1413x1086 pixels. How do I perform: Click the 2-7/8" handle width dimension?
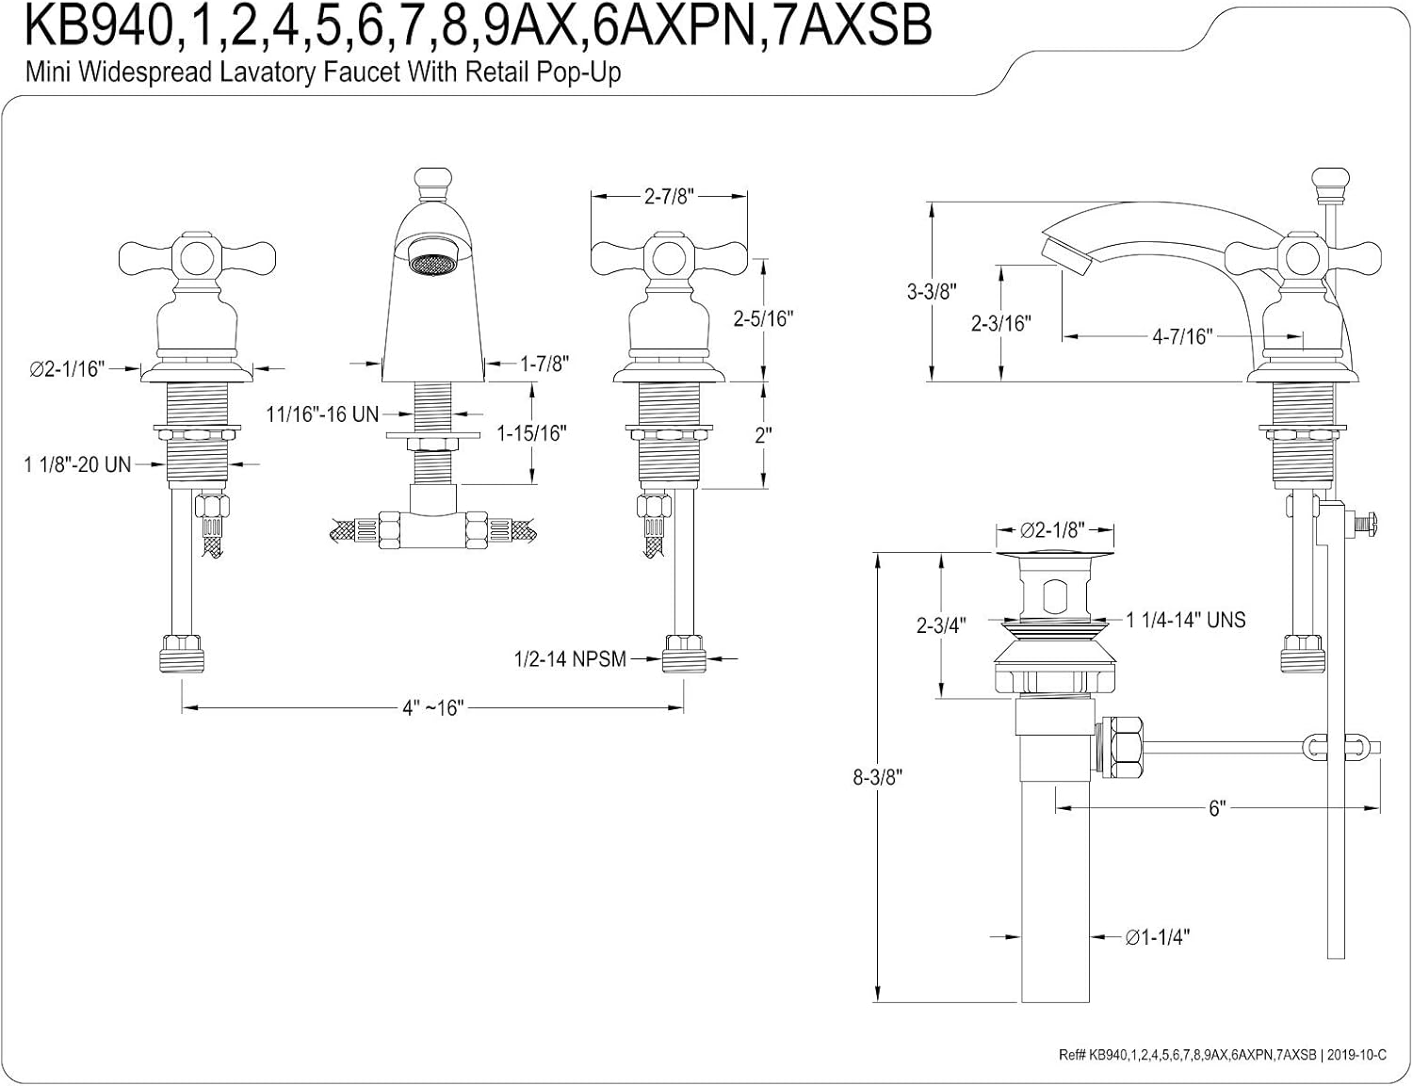669,196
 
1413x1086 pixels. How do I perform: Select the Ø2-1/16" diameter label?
65,369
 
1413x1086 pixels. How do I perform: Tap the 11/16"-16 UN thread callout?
322,413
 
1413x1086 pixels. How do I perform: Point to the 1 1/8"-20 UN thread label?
77,464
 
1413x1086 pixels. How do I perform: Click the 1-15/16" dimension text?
531,433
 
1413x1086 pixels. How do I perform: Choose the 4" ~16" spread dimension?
433,707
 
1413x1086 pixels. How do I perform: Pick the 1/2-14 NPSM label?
570,659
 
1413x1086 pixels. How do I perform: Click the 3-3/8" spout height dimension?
932,292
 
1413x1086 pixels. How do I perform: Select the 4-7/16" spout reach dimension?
1183,335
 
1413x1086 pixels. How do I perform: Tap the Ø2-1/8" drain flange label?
1055,530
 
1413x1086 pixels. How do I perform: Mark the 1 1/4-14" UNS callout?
1186,620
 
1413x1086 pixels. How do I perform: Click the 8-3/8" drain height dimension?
877,777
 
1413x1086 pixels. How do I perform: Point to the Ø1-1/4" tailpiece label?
1158,937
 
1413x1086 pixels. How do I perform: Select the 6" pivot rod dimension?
1217,808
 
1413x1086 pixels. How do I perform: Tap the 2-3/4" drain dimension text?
941,625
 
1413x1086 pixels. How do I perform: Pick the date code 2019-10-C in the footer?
1356,1056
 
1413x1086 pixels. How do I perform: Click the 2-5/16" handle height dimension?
763,318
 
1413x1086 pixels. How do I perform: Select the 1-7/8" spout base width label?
545,364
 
